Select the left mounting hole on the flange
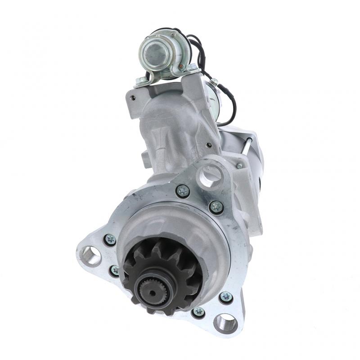[x=90, y=255]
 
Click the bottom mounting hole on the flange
[x=225, y=322]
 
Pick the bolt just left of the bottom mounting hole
[x=198, y=312]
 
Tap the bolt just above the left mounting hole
[x=109, y=239]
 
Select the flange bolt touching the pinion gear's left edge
[x=115, y=270]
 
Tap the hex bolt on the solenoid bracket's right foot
[x=193, y=68]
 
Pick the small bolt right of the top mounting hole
[x=239, y=166]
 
